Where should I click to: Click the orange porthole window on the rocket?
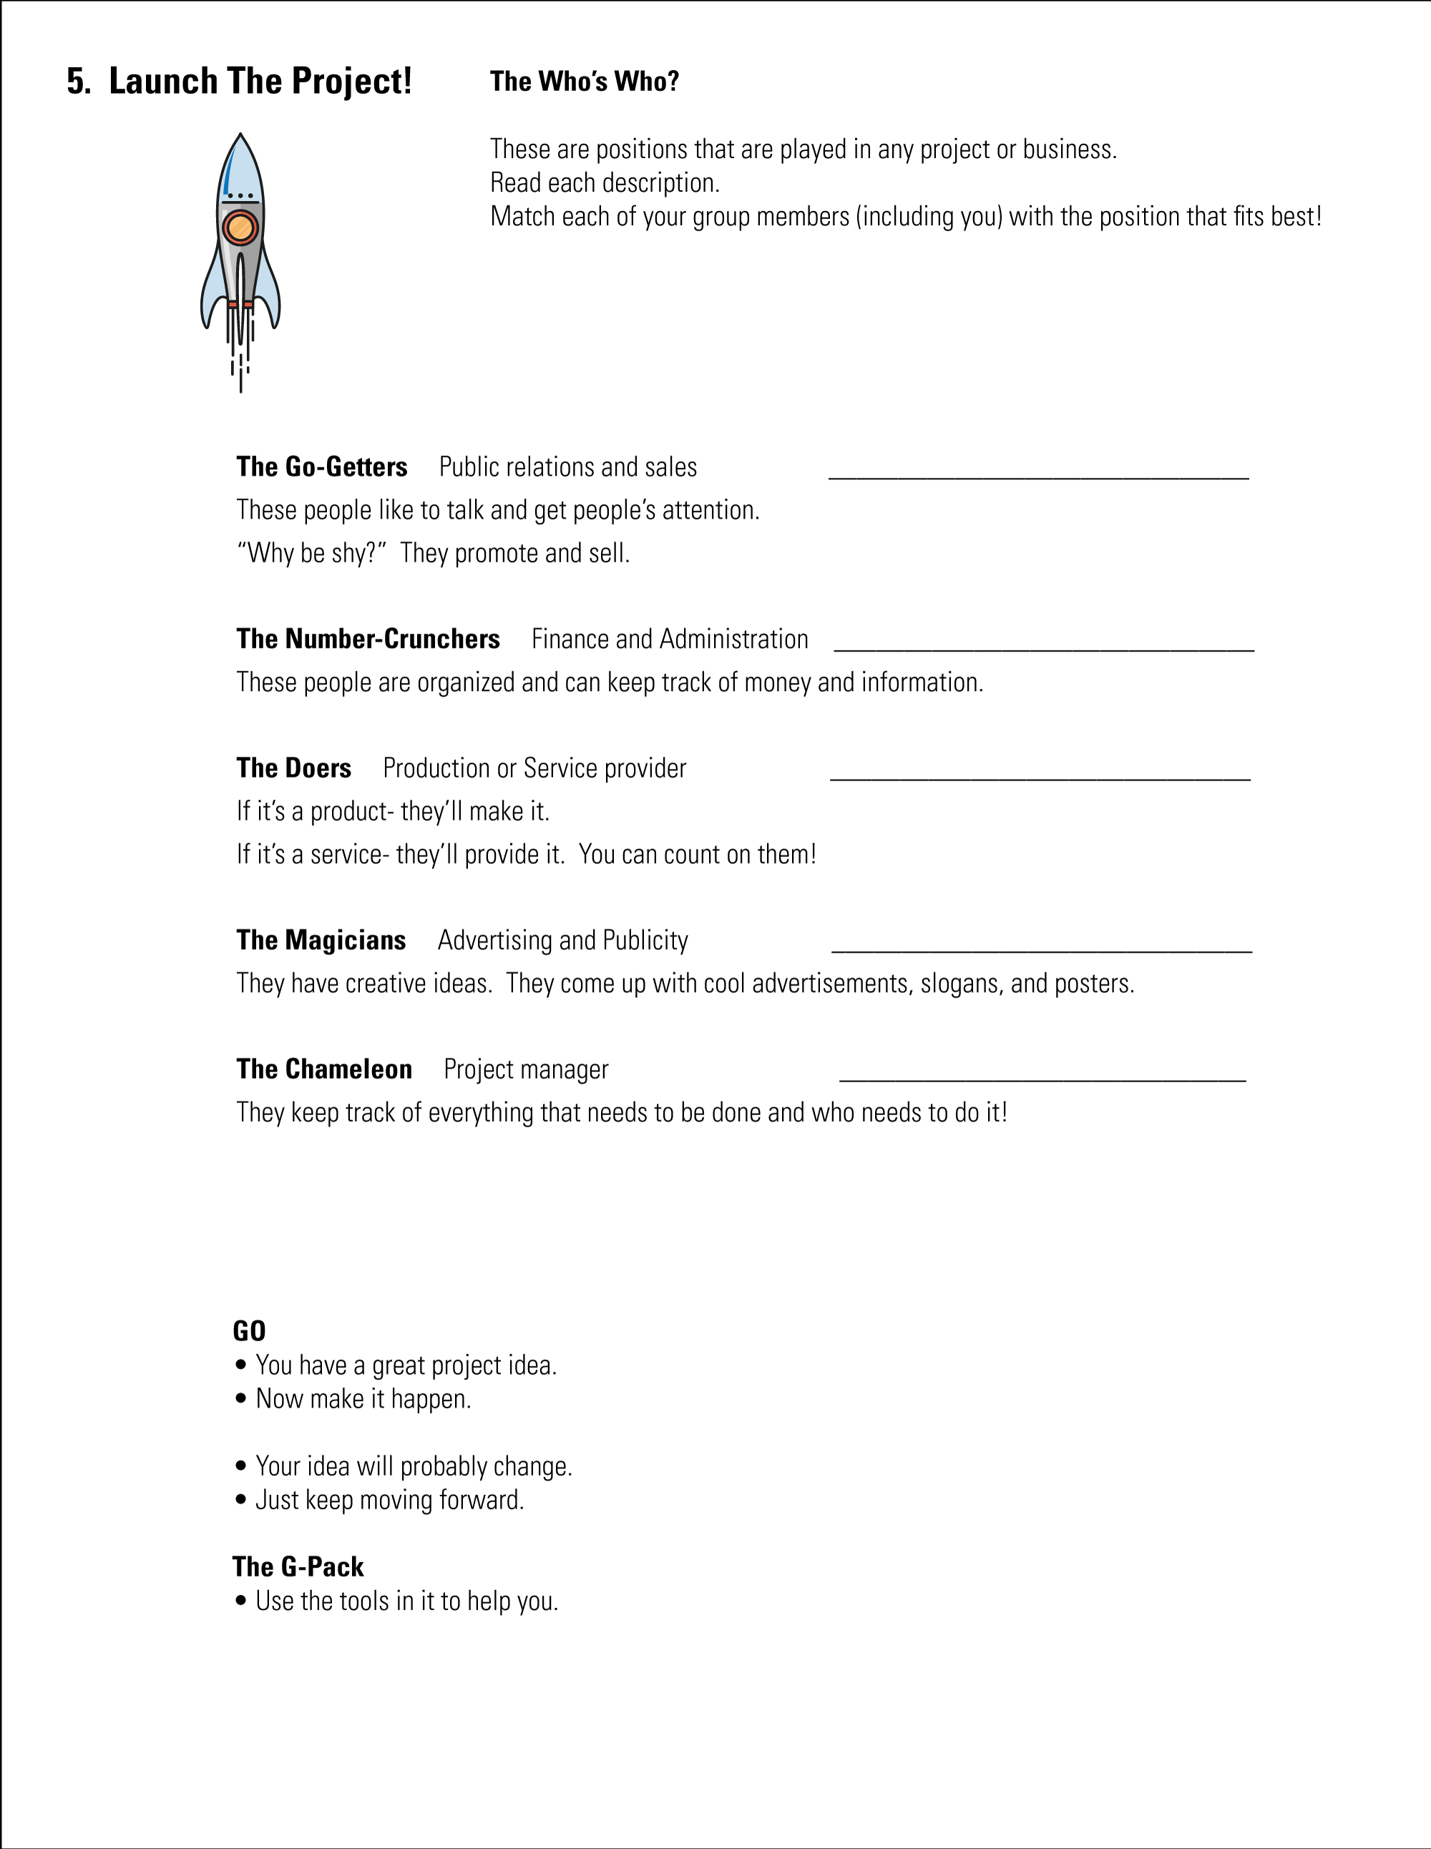240,227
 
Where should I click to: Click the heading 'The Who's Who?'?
585,82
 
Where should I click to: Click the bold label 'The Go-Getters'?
322,466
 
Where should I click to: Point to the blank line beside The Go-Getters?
1038,476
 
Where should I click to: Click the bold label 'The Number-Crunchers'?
368,638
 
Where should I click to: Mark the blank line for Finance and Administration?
1043,649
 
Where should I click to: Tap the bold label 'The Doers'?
294,768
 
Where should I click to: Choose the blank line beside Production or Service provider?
1040,778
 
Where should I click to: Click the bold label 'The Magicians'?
321,940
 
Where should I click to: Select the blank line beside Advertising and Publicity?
1042,950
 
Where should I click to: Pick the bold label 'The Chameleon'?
324,1069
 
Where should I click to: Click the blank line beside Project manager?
1042,1079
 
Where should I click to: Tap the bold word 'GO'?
249,1331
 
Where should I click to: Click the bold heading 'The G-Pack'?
298,1567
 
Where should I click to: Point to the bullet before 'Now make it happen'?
241,1398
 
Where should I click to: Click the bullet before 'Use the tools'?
241,1601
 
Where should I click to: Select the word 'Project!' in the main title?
351,82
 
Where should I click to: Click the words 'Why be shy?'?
312,553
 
